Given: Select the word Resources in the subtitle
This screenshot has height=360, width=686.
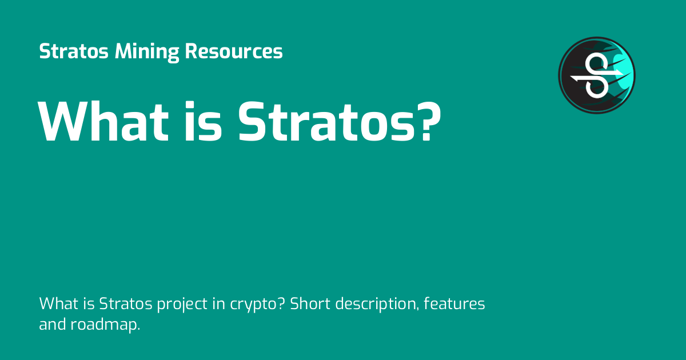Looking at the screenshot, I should click(234, 52).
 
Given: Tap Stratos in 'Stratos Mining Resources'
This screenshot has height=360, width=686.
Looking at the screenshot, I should click(74, 52).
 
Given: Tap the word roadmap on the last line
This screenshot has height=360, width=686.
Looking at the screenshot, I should click(106, 325).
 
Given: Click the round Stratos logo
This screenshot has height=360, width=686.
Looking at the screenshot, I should click(597, 75).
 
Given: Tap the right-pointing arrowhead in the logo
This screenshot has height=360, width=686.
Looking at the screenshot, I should click(620, 73).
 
